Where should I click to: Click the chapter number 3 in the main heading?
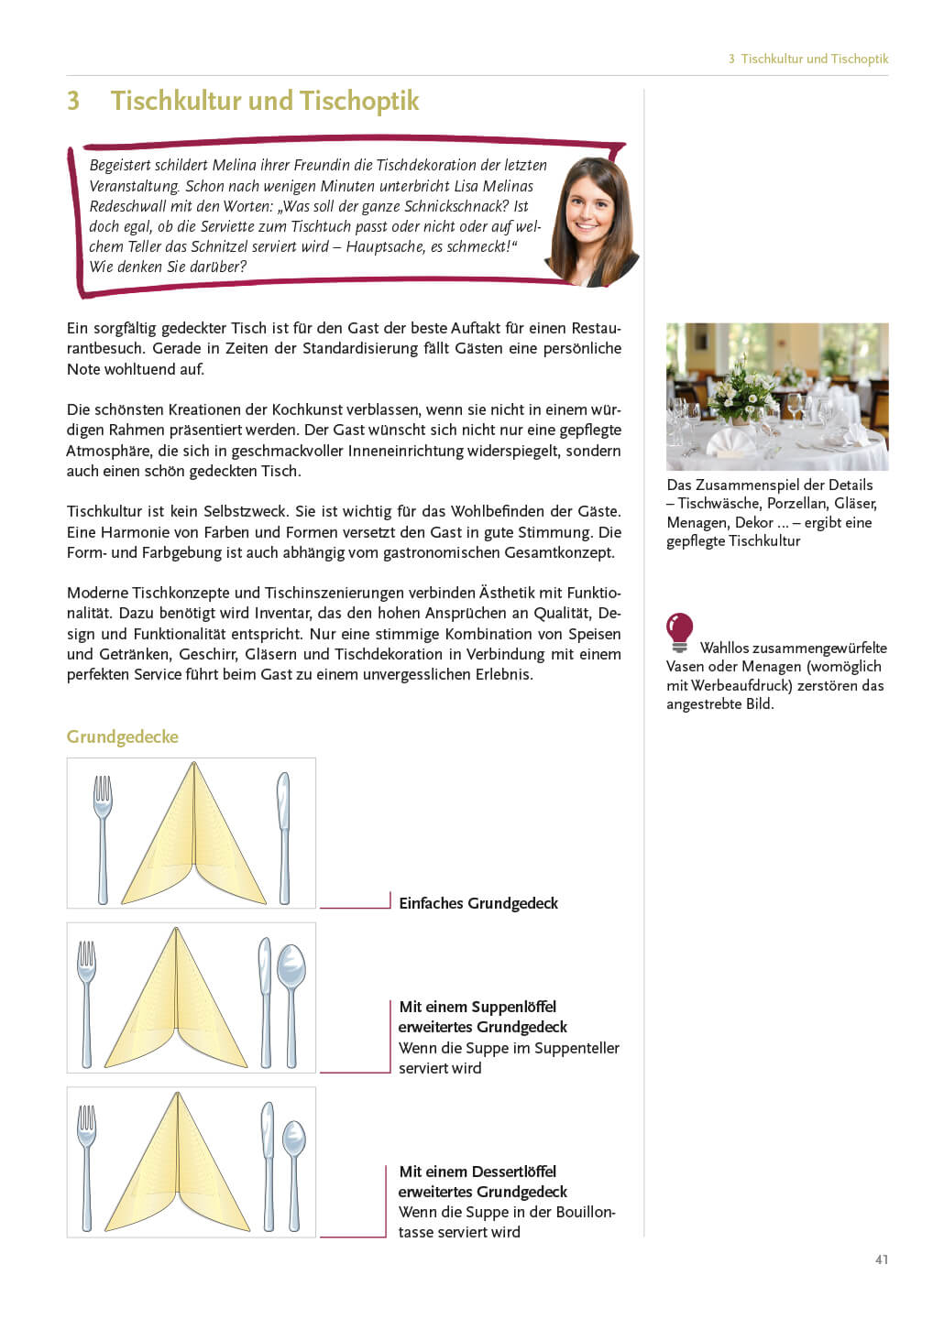click(x=73, y=101)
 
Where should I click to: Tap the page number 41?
click(x=881, y=1259)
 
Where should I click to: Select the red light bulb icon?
click(x=679, y=631)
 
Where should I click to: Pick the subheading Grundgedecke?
click(x=123, y=737)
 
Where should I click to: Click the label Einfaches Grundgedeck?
click(x=478, y=903)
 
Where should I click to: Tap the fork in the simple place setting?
click(x=102, y=835)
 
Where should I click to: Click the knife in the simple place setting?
click(x=284, y=835)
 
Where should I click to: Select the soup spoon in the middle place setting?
click(x=291, y=998)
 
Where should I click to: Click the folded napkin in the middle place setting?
click(x=177, y=1003)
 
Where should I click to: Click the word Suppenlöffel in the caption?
click(x=514, y=1007)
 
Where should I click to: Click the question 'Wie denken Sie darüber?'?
click(x=168, y=267)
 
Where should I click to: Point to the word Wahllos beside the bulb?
click(x=724, y=648)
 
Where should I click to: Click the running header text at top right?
click(x=808, y=59)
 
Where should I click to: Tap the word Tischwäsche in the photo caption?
click(x=719, y=504)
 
